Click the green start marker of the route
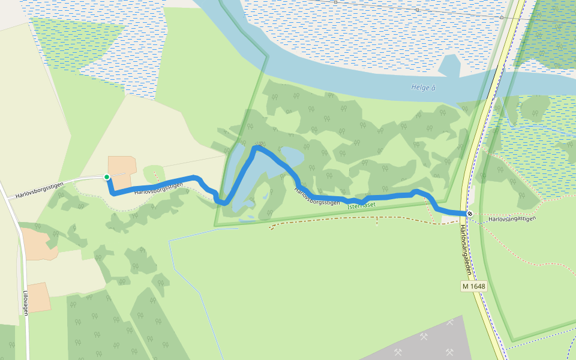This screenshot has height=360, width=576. (x=107, y=177)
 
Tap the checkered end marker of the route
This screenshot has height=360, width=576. (x=470, y=214)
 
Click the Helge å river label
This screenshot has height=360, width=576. (x=423, y=88)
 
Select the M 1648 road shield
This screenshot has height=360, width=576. (x=473, y=286)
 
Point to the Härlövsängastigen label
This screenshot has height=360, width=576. (x=511, y=219)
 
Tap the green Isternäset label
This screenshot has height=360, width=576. (x=361, y=205)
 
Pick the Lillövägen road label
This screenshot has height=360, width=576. (x=26, y=303)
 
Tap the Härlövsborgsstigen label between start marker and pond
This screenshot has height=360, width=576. (x=158, y=190)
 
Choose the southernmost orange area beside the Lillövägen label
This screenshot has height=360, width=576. (x=38, y=298)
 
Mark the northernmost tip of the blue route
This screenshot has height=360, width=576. (x=257, y=146)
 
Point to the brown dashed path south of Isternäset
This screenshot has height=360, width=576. (x=360, y=220)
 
